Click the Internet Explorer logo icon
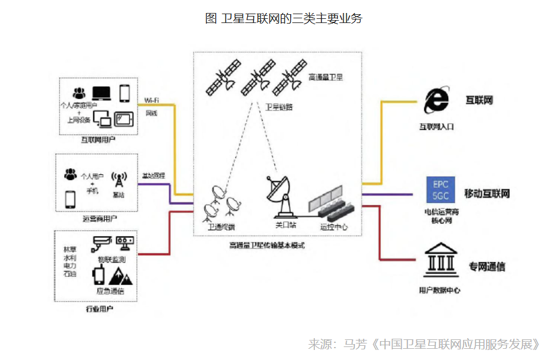(x=436, y=100)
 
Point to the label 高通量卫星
(x=326, y=77)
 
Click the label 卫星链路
(x=278, y=107)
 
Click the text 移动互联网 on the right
(x=487, y=193)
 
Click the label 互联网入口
(x=436, y=127)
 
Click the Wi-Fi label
(x=152, y=100)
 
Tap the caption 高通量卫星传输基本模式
(x=267, y=245)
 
